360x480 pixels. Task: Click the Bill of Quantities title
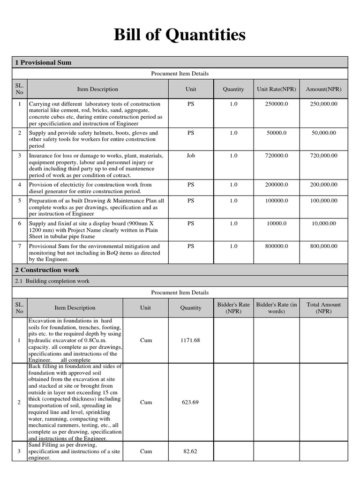[x=180, y=35]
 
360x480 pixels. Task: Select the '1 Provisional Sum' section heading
[x=44, y=62]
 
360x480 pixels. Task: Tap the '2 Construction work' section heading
[x=47, y=270]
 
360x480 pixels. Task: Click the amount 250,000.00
[x=323, y=104]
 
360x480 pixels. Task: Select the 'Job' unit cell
[x=191, y=156]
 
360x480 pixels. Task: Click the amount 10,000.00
[x=323, y=224]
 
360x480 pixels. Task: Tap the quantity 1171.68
[x=191, y=340]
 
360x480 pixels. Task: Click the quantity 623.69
[x=191, y=402]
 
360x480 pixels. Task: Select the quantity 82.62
[x=191, y=452]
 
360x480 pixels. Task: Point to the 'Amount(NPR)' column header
[x=323, y=89]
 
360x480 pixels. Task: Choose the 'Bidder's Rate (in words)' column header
[x=277, y=308]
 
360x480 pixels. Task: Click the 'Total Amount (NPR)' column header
[x=323, y=308]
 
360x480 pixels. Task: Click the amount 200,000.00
[x=323, y=185]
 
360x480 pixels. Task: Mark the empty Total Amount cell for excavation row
[x=323, y=340]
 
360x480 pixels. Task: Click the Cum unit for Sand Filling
[x=146, y=452]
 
